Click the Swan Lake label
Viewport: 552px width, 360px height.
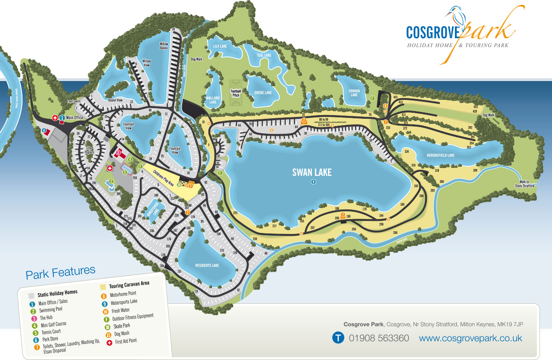pyautogui.click(x=312, y=173)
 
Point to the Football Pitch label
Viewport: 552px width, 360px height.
pyautogui.click(x=236, y=93)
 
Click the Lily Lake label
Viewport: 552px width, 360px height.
pyautogui.click(x=220, y=46)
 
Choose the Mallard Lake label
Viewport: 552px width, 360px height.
pyautogui.click(x=213, y=100)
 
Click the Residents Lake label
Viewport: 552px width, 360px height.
pyautogui.click(x=207, y=266)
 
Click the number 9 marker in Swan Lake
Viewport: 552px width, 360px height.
pyautogui.click(x=313, y=182)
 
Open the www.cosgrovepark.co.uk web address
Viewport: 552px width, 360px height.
pyautogui.click(x=470, y=338)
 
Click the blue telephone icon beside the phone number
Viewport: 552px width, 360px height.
pyautogui.click(x=338, y=338)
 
